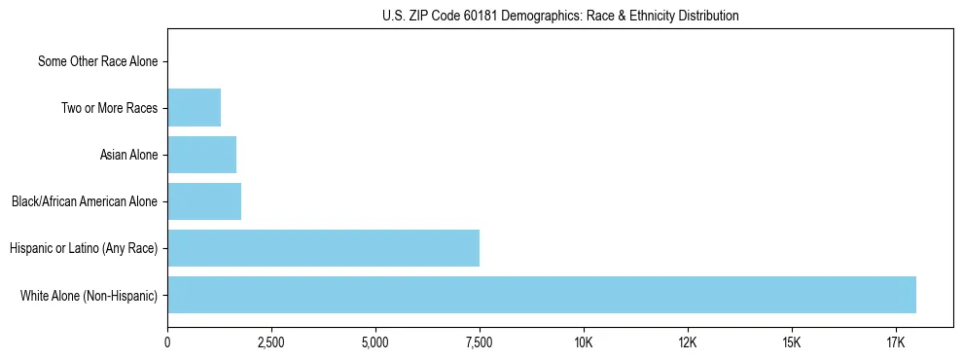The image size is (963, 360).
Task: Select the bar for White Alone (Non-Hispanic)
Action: [x=542, y=295]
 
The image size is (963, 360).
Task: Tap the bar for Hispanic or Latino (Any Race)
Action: [x=323, y=248]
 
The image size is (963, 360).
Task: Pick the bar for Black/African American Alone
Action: [x=204, y=201]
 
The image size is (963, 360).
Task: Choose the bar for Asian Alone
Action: [x=201, y=155]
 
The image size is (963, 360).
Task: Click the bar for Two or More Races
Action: [x=194, y=108]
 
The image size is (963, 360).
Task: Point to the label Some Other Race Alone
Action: [x=97, y=61]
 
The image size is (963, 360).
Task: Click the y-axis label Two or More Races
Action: [x=109, y=108]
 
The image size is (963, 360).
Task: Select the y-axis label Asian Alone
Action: [x=128, y=155]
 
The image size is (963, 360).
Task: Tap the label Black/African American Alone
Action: [x=85, y=201]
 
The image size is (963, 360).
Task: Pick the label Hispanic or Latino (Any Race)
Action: [x=84, y=248]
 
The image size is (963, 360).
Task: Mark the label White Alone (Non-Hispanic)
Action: [x=89, y=295]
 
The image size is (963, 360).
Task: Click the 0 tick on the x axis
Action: [x=167, y=342]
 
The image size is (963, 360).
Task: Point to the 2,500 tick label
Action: [x=271, y=342]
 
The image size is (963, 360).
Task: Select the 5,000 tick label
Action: [x=375, y=342]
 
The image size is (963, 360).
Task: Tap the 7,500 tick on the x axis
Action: [x=480, y=342]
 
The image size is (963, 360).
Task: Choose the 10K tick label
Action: [x=584, y=342]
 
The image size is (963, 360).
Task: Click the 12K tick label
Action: [x=688, y=342]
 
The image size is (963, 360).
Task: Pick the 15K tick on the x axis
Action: [x=791, y=342]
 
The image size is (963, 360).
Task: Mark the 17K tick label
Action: [x=895, y=342]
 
